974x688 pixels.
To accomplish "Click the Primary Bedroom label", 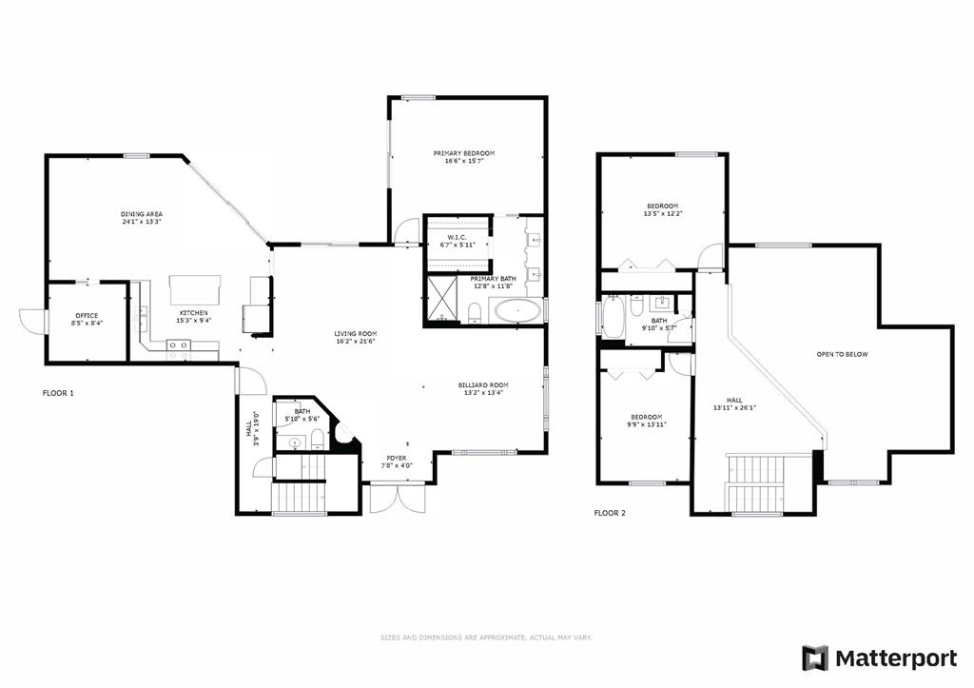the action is point(464,153).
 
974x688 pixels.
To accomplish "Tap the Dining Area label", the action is point(142,214).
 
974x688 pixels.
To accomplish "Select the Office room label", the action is point(87,316).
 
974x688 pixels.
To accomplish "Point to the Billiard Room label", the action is point(483,385).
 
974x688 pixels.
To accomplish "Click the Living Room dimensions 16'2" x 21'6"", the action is point(356,342).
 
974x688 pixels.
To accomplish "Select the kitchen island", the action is point(195,288).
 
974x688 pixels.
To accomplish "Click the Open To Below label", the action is point(843,354).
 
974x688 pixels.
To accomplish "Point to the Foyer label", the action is point(397,458).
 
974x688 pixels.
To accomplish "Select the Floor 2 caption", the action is point(610,513).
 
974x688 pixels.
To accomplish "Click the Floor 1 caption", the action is point(58,393).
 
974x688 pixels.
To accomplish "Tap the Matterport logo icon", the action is point(815,659).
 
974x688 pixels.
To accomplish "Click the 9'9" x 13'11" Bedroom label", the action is point(647,421).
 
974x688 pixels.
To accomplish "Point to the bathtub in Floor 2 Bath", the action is point(613,316).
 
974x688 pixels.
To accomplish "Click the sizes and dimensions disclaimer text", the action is point(486,638).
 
